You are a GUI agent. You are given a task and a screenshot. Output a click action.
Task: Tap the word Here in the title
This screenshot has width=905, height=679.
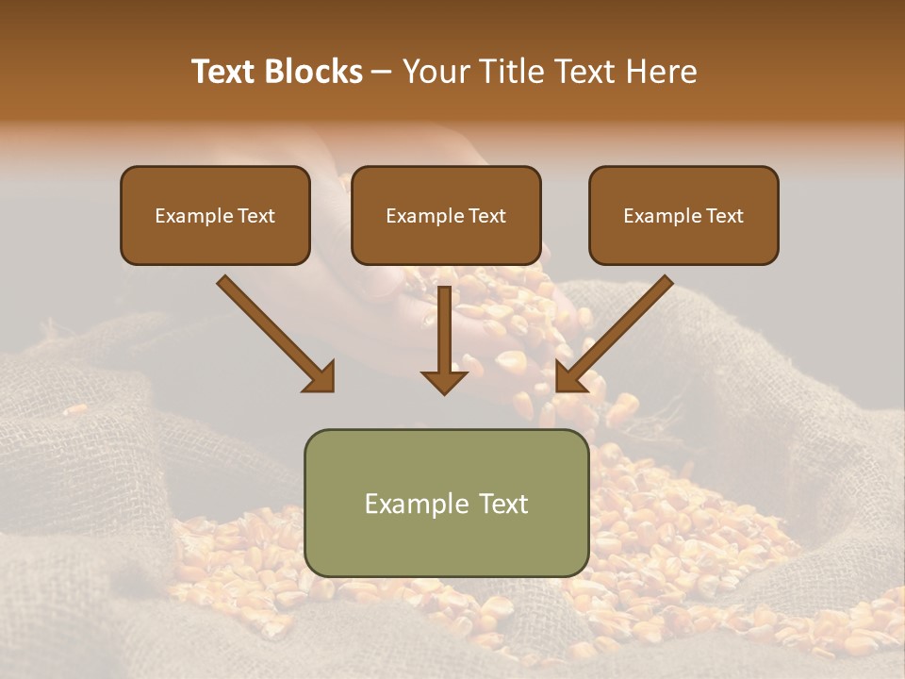point(661,72)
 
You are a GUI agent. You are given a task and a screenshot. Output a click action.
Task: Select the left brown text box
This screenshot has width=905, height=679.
point(215,216)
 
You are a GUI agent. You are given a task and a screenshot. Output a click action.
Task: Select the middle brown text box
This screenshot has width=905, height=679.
point(446,216)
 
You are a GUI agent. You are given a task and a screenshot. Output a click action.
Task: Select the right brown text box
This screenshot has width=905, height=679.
point(683,216)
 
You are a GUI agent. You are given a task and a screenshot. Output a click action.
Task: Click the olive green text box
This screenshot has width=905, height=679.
point(446,503)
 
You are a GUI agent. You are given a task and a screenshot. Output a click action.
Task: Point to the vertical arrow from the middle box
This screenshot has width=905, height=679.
point(444,335)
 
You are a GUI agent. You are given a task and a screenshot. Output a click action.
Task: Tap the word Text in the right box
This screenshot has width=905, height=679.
point(725,216)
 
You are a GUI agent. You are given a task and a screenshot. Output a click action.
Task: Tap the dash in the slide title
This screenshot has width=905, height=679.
point(382,73)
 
